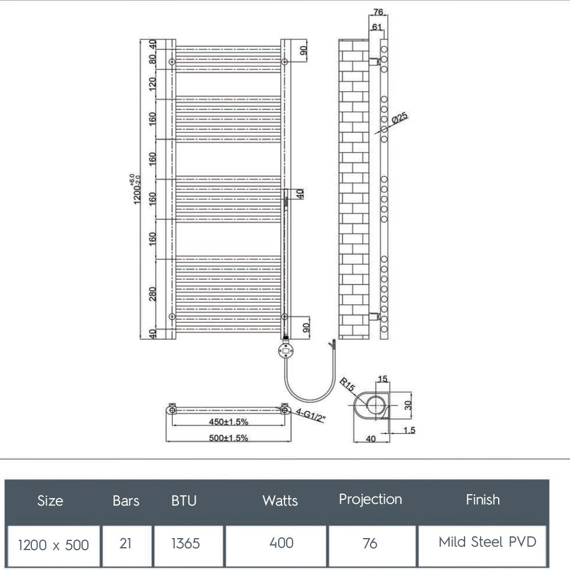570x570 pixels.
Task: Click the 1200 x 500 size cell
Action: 54,545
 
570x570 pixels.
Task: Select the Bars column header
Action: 126,500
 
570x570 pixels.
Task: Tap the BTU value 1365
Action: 186,543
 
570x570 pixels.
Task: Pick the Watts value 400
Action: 281,543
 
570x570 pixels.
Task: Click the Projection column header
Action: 370,499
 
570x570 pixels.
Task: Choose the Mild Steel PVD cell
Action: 487,541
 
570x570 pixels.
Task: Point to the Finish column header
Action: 483,500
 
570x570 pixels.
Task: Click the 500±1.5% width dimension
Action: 228,438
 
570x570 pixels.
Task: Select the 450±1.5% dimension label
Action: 227,422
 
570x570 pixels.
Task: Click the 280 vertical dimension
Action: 152,294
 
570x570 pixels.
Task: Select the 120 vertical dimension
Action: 152,84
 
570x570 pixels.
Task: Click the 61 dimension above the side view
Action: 377,27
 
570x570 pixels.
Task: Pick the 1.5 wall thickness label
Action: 409,431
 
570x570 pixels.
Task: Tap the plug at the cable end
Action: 331,345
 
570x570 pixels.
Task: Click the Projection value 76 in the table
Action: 370,543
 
